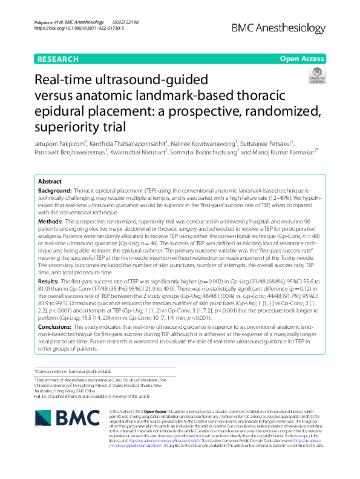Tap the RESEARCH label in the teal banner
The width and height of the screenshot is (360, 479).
[x=57, y=59]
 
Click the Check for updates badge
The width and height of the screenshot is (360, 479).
[x=316, y=75]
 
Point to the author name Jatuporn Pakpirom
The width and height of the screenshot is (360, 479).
[x=58, y=144]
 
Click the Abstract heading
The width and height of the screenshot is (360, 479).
[x=50, y=181]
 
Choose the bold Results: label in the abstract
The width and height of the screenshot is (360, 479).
[x=52, y=282]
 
